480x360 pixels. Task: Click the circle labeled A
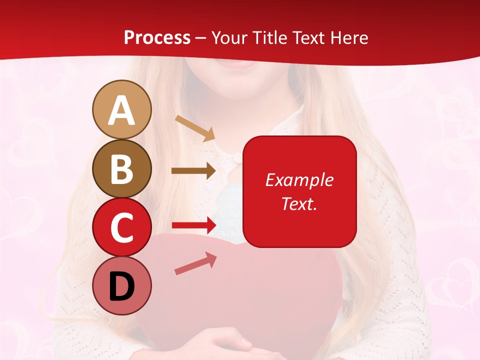point(121,109)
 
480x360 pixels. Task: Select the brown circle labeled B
point(121,168)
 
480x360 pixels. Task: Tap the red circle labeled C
point(121,227)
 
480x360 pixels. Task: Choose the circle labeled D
point(121,286)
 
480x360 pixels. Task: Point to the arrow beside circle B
point(193,171)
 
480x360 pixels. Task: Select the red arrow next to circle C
point(193,225)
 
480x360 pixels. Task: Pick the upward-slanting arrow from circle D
point(195,263)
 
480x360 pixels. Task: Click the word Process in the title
point(157,37)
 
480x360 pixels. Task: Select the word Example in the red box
point(299,180)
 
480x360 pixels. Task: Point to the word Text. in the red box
point(299,203)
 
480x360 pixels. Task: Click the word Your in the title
point(229,37)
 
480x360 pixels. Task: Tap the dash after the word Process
point(201,38)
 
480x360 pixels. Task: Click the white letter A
point(121,110)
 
